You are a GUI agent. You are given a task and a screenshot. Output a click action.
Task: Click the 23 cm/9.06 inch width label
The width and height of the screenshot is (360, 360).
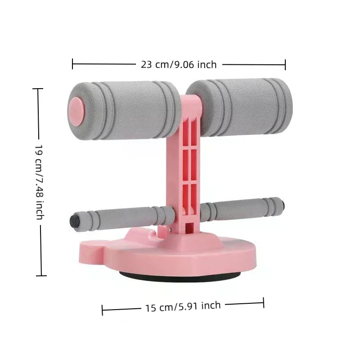pos(179,64)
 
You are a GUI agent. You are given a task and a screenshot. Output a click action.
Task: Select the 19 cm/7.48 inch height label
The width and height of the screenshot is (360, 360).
pos(40,182)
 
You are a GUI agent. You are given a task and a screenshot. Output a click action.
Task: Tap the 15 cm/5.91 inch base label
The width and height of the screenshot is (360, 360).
pos(183,307)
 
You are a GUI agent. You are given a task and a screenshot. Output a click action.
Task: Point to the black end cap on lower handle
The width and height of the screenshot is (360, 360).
pos(73,220)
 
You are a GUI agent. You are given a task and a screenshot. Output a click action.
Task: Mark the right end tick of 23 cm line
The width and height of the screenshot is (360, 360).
pos(285,64)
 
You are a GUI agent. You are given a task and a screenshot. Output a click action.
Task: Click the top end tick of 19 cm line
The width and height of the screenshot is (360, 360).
pos(38,89)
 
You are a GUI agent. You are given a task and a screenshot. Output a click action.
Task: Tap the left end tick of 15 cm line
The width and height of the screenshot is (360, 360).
pos(103,310)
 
